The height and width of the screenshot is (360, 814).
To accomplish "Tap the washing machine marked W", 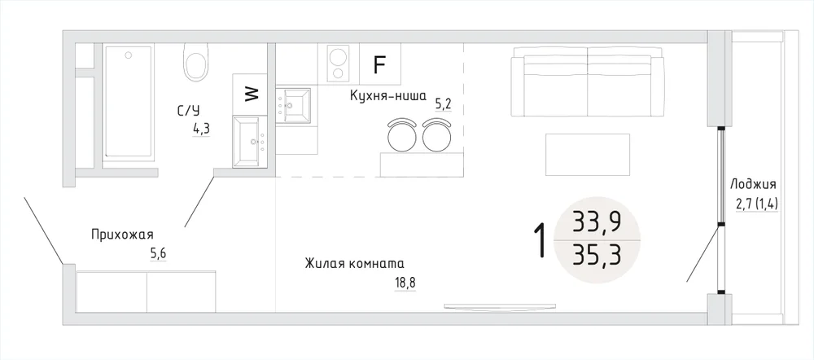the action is tap(250, 94).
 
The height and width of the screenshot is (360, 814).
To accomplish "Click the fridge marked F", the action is tap(380, 64).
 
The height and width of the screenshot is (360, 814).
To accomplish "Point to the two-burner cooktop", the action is tap(338, 63).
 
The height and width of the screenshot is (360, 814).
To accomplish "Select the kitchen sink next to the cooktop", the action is tap(293, 105).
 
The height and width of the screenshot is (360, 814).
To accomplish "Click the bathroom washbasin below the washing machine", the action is tap(250, 142).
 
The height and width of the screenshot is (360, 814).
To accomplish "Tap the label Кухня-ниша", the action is tap(387, 96).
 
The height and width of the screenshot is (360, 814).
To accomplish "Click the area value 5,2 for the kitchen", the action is tap(444, 105).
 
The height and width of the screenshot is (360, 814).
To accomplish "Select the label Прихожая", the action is tap(123, 235).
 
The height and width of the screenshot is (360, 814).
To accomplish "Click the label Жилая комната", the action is tap(355, 263).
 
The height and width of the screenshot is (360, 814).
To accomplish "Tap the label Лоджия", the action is tap(753, 184).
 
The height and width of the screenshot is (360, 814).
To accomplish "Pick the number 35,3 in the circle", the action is tap(597, 255).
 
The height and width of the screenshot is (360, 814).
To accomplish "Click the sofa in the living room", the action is tap(588, 81).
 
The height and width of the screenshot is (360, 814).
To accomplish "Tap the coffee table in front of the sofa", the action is tap(588, 154).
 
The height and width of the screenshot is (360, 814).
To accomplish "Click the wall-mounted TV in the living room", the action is tap(500, 306).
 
